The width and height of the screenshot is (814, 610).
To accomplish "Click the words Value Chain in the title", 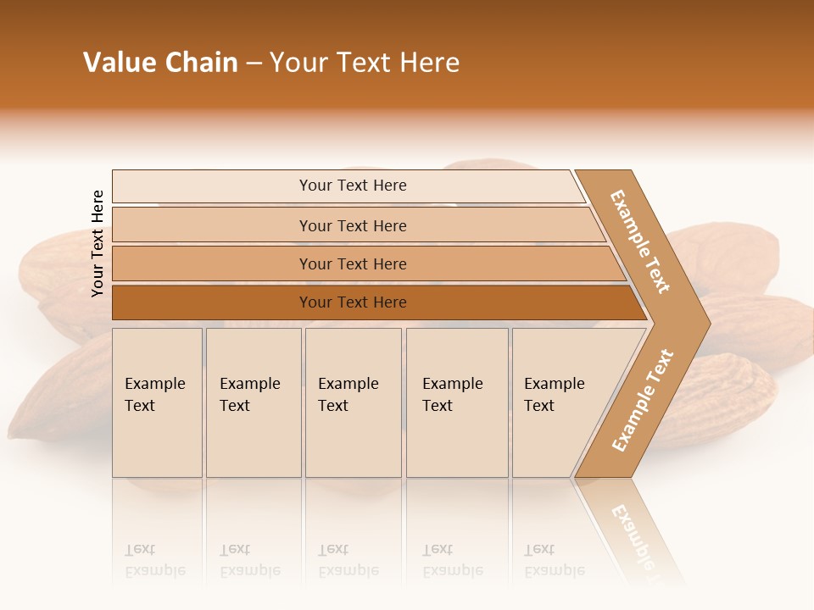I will pyautogui.click(x=160, y=63).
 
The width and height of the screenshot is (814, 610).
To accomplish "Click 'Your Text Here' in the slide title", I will pyautogui.click(x=365, y=63).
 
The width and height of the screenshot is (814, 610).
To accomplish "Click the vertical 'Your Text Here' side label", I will pyautogui.click(x=98, y=243).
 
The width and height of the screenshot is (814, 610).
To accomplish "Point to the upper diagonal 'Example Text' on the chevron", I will pyautogui.click(x=640, y=241).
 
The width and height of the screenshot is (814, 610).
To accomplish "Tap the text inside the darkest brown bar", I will pyautogui.click(x=353, y=302).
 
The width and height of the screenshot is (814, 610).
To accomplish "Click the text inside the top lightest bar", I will pyautogui.click(x=353, y=186).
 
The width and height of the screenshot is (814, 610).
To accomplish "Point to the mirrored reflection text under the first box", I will pyautogui.click(x=154, y=560).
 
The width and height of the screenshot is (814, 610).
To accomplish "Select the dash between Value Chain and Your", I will pyautogui.click(x=254, y=64).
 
